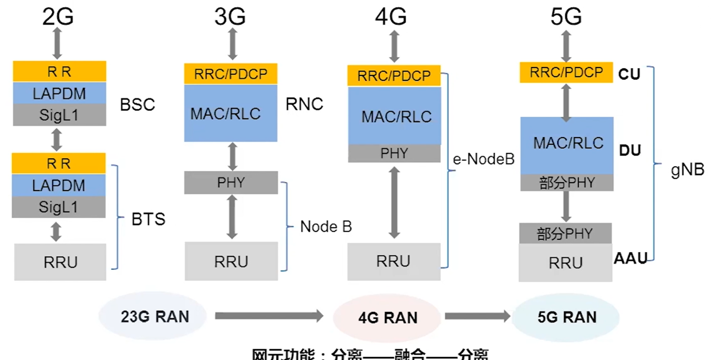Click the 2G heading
[x=58, y=17]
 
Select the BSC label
[x=137, y=104]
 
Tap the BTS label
[x=148, y=219]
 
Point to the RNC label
[x=304, y=104]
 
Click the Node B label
[x=326, y=227]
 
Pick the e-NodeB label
[x=484, y=159]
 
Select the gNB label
[x=687, y=169]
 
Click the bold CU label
[x=629, y=74]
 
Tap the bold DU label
[x=630, y=150]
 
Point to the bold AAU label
[x=630, y=259]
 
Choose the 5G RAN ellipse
[x=567, y=317]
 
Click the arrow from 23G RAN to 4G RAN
[x=269, y=316]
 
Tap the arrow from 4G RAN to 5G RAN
[x=477, y=316]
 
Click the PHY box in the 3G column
[x=231, y=183]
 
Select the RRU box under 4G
[x=393, y=262]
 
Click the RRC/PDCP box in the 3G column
[x=230, y=74]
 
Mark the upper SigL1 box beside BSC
[x=59, y=115]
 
